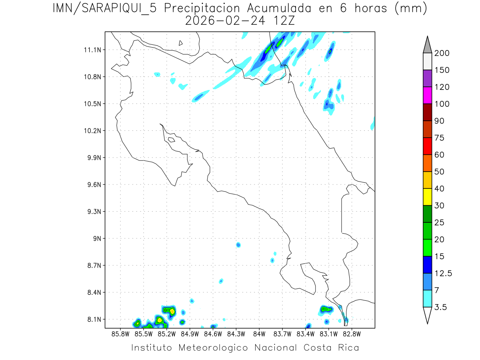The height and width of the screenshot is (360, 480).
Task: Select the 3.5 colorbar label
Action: pyautogui.click(x=440, y=307)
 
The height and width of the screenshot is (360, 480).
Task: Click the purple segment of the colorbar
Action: pyautogui.click(x=427, y=78)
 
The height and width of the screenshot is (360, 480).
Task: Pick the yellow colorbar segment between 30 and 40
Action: pyautogui.click(x=427, y=197)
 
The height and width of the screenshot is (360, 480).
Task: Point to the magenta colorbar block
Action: pyautogui.click(x=427, y=95)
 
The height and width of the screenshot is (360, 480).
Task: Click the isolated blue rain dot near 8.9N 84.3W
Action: pyautogui.click(x=238, y=245)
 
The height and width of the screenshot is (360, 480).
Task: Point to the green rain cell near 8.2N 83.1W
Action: pyautogui.click(x=326, y=309)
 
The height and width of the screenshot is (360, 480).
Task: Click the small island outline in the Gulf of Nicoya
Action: pyautogui.click(x=171, y=140)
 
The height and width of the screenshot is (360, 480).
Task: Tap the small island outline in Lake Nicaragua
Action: pyautogui.click(x=181, y=43)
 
